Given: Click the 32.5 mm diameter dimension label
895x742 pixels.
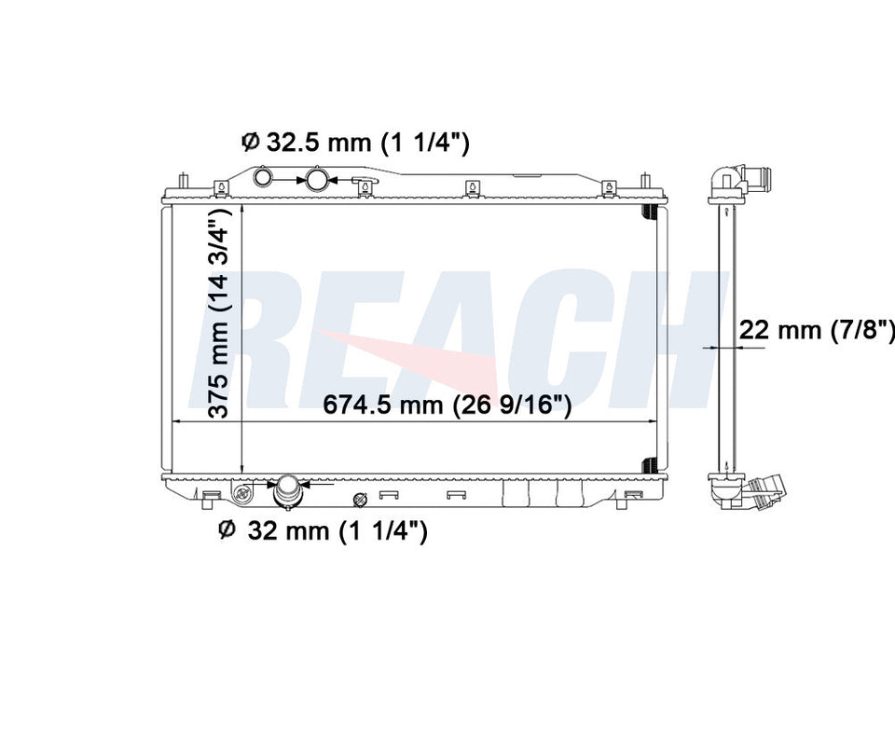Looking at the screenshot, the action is pyautogui.click(x=355, y=142).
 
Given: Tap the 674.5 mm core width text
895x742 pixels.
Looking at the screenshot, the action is pyautogui.click(x=447, y=405).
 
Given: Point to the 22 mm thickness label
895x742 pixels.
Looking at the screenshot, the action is pyautogui.click(x=817, y=330).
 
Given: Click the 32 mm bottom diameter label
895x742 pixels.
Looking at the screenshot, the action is pyautogui.click(x=323, y=531).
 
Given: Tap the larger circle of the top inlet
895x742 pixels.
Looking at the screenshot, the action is pyautogui.click(x=316, y=179).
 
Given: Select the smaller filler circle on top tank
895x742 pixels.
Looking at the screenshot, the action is pyautogui.click(x=263, y=177).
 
